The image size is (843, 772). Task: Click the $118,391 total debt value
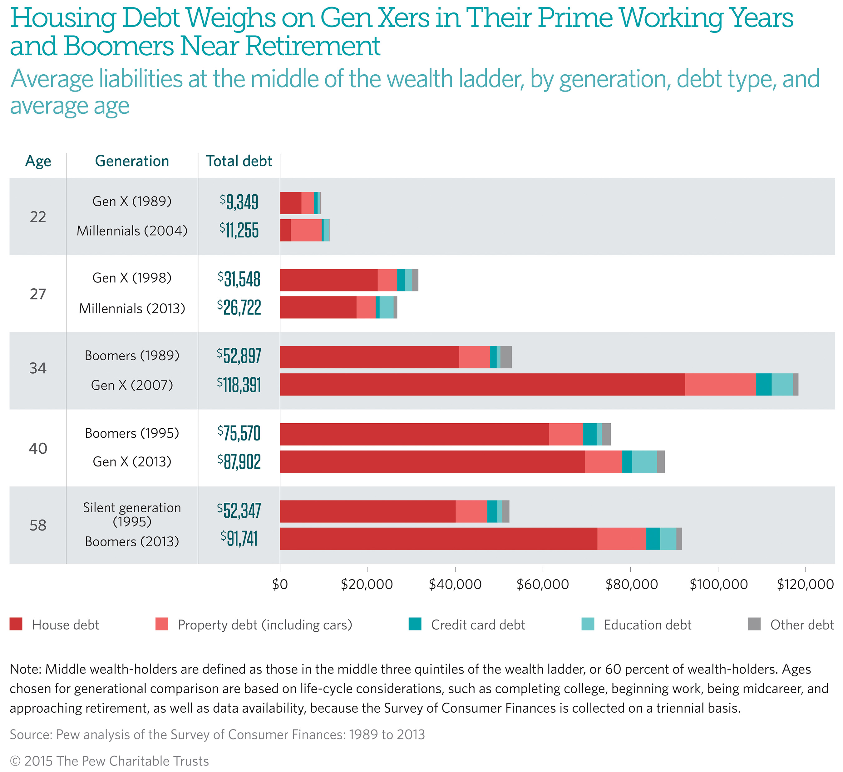coord(239,385)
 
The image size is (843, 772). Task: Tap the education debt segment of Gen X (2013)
coord(644,461)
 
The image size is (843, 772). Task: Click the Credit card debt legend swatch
coord(415,624)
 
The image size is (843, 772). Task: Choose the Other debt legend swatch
coord(754,624)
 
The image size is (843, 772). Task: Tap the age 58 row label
coord(38,525)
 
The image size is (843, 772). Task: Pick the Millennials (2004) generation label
coord(132,231)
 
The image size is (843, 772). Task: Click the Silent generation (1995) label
coord(132,514)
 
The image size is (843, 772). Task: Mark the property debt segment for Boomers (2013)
coord(621,539)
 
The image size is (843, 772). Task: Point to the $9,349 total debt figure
coord(239,202)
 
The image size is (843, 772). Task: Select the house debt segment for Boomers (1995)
coord(414,434)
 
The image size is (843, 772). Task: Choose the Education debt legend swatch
coord(588,624)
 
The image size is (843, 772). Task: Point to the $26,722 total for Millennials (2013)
coord(239,307)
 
